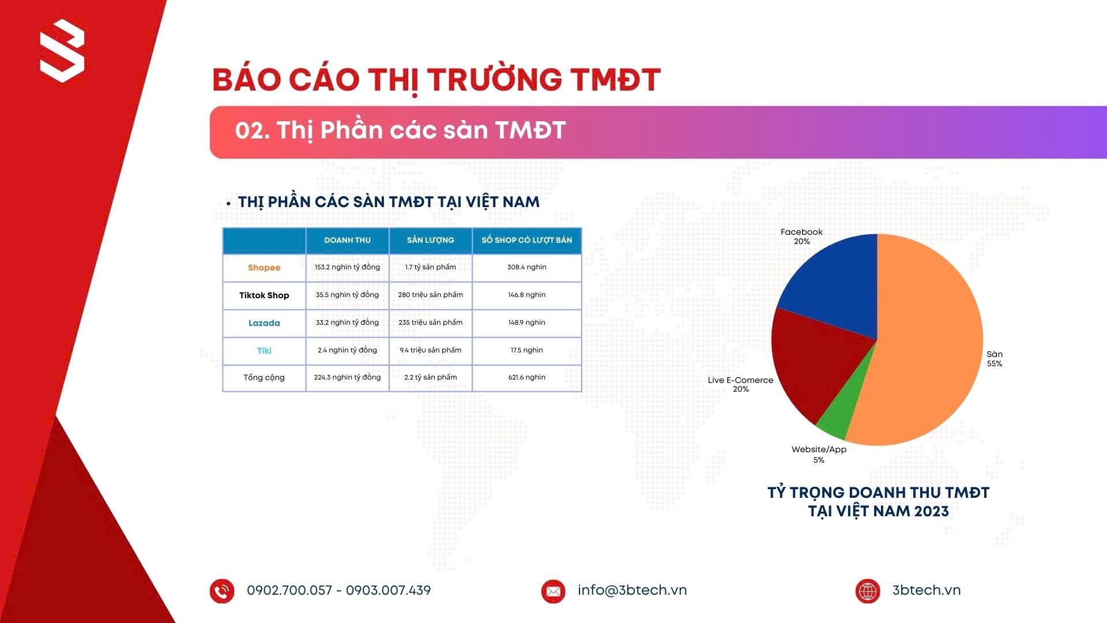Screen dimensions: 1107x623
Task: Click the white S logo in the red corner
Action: (x=62, y=51)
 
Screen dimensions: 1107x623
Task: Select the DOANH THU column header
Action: (x=347, y=240)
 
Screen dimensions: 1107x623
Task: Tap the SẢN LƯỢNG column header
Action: (x=431, y=240)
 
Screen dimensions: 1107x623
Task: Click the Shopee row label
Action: (x=264, y=268)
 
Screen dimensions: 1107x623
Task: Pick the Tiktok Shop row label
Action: (x=264, y=295)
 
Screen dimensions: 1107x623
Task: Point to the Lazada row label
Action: (x=264, y=323)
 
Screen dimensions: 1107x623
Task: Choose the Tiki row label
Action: (x=264, y=351)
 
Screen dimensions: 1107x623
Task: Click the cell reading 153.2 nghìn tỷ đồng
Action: (x=347, y=267)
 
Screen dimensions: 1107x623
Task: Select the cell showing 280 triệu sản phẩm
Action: (x=431, y=295)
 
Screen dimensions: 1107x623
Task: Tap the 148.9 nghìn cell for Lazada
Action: (x=527, y=322)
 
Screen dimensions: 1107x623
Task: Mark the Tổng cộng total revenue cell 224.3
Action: (x=347, y=377)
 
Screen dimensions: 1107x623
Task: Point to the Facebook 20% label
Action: (x=801, y=237)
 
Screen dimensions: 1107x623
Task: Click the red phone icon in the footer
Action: (x=222, y=591)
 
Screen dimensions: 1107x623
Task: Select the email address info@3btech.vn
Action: (x=632, y=590)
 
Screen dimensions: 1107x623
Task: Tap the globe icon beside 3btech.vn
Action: (x=868, y=591)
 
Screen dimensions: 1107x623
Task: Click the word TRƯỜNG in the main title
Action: (x=495, y=80)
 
